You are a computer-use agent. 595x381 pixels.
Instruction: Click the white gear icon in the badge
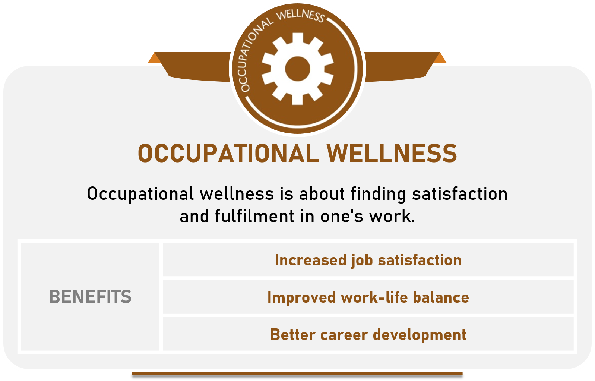pos(297,69)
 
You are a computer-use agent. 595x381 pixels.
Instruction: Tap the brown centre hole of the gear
pos(297,69)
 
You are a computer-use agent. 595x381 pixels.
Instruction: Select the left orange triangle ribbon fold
pos(155,59)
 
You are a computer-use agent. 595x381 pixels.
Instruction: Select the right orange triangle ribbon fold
pos(440,59)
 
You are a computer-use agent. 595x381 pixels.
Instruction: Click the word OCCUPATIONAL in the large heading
pos(228,154)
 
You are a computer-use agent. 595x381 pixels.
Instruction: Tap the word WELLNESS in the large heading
pos(392,154)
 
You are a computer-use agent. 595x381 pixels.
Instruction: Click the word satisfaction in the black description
pos(460,194)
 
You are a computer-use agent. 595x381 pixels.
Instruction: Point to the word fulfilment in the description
pos(254,216)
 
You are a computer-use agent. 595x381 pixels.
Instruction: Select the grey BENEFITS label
pos(90,297)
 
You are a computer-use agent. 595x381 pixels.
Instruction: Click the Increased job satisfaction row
pos(368,260)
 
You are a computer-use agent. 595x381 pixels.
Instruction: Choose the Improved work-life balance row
pos(368,297)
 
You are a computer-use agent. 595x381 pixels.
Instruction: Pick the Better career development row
pos(368,334)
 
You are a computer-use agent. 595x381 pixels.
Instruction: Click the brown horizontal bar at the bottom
pos(297,374)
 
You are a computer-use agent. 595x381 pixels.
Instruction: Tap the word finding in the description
pos(378,194)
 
